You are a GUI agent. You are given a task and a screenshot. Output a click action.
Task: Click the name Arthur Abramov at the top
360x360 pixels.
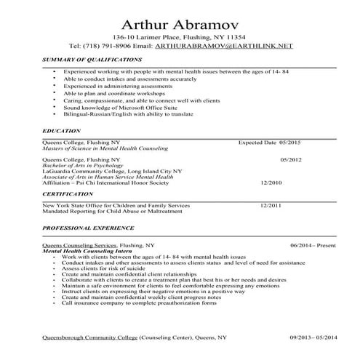pos(179,18)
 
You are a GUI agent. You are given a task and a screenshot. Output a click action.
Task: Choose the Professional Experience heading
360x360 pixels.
pos(79,228)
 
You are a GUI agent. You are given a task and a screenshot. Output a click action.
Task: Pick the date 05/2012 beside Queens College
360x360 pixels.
pos(291,159)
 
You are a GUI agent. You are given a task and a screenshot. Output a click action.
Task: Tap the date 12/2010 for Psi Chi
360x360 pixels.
pos(271,183)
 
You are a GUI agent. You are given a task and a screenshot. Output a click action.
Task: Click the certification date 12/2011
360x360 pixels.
pos(271,206)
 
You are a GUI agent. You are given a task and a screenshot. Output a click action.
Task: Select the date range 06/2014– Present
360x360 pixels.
pos(313,246)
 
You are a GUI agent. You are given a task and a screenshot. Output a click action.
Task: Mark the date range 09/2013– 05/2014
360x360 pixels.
pos(313,338)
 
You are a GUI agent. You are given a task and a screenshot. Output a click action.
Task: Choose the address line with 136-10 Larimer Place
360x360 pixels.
pos(179,36)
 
